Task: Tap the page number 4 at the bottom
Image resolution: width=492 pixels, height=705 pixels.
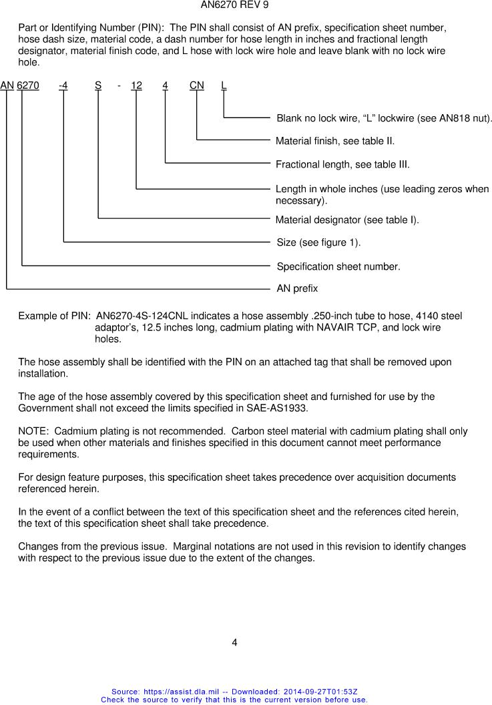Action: tap(234, 643)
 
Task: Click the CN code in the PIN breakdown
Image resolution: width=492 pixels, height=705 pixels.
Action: tap(196, 85)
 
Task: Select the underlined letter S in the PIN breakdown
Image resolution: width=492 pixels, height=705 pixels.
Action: tap(98, 85)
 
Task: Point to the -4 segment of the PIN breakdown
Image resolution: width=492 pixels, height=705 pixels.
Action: tap(63, 85)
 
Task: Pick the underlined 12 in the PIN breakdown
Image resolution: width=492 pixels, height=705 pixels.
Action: tap(136, 85)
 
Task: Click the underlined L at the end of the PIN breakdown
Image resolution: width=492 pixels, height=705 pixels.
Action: tap(224, 85)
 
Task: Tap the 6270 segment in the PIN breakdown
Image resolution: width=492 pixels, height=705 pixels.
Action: tap(28, 85)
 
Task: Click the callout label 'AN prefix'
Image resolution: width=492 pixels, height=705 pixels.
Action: tap(297, 289)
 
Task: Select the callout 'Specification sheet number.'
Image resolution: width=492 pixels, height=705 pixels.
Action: tap(338, 266)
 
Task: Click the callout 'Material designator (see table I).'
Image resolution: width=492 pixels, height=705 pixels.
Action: tap(347, 220)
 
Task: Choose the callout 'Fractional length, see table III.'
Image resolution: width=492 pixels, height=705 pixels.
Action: tap(342, 164)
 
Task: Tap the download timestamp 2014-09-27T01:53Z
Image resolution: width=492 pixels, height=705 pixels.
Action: tap(313, 692)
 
